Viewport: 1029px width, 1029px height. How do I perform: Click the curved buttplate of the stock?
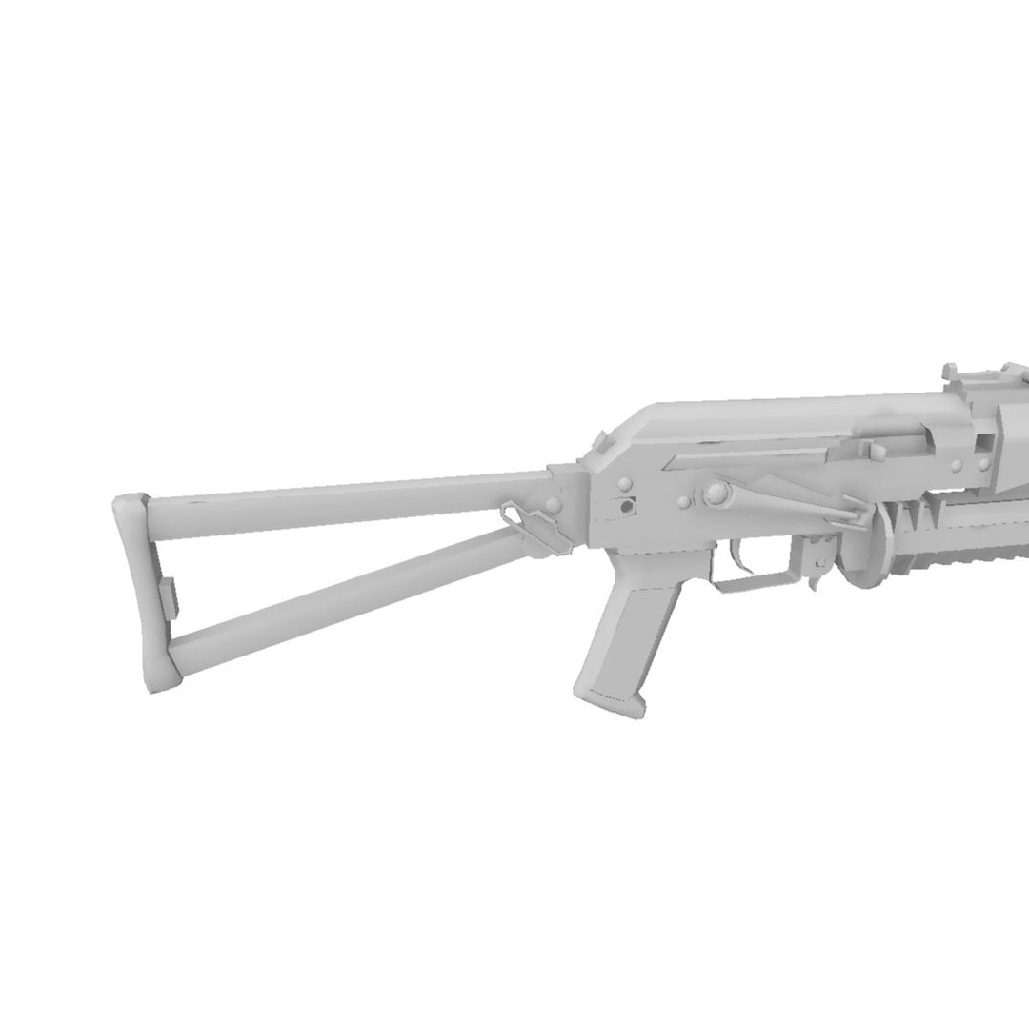[x=142, y=591]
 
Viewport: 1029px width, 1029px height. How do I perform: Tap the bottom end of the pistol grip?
[x=610, y=700]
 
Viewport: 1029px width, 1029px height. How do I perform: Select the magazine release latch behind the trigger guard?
[x=817, y=562]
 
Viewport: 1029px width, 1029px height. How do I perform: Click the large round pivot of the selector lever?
[x=714, y=494]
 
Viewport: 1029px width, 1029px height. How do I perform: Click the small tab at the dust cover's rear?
[x=602, y=443]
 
